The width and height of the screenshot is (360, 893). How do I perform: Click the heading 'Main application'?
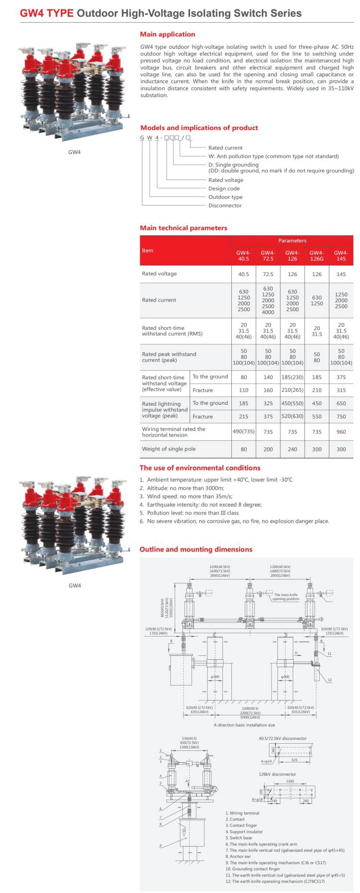(x=168, y=34)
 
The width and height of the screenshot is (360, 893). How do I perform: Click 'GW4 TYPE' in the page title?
(x=47, y=13)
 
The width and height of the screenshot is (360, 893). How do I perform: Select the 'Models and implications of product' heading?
(x=199, y=128)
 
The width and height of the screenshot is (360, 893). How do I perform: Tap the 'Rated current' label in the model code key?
(x=225, y=148)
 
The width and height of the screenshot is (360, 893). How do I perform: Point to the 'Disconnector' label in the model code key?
(x=225, y=205)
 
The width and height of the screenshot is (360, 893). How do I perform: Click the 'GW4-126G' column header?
(x=316, y=255)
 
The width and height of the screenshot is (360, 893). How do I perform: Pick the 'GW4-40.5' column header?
(x=243, y=255)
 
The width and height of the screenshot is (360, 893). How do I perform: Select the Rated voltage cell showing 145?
(x=341, y=274)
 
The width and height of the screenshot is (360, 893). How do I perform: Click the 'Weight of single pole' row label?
(x=168, y=449)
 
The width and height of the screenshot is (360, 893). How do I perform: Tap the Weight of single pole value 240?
(x=292, y=449)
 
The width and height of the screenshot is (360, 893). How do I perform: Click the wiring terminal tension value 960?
(x=341, y=432)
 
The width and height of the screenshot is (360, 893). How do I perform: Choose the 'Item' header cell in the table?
(x=147, y=251)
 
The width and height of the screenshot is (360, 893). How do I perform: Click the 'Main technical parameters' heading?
(x=183, y=228)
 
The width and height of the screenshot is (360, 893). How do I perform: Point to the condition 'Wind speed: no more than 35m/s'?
(x=190, y=496)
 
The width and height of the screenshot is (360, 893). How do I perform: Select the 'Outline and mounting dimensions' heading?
(x=196, y=549)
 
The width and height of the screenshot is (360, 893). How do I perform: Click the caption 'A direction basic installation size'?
(x=244, y=725)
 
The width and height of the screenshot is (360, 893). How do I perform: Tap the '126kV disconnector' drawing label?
(x=277, y=774)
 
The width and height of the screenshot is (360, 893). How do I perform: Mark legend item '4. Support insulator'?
(x=244, y=832)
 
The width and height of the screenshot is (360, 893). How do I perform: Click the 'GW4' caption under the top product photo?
(x=74, y=152)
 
